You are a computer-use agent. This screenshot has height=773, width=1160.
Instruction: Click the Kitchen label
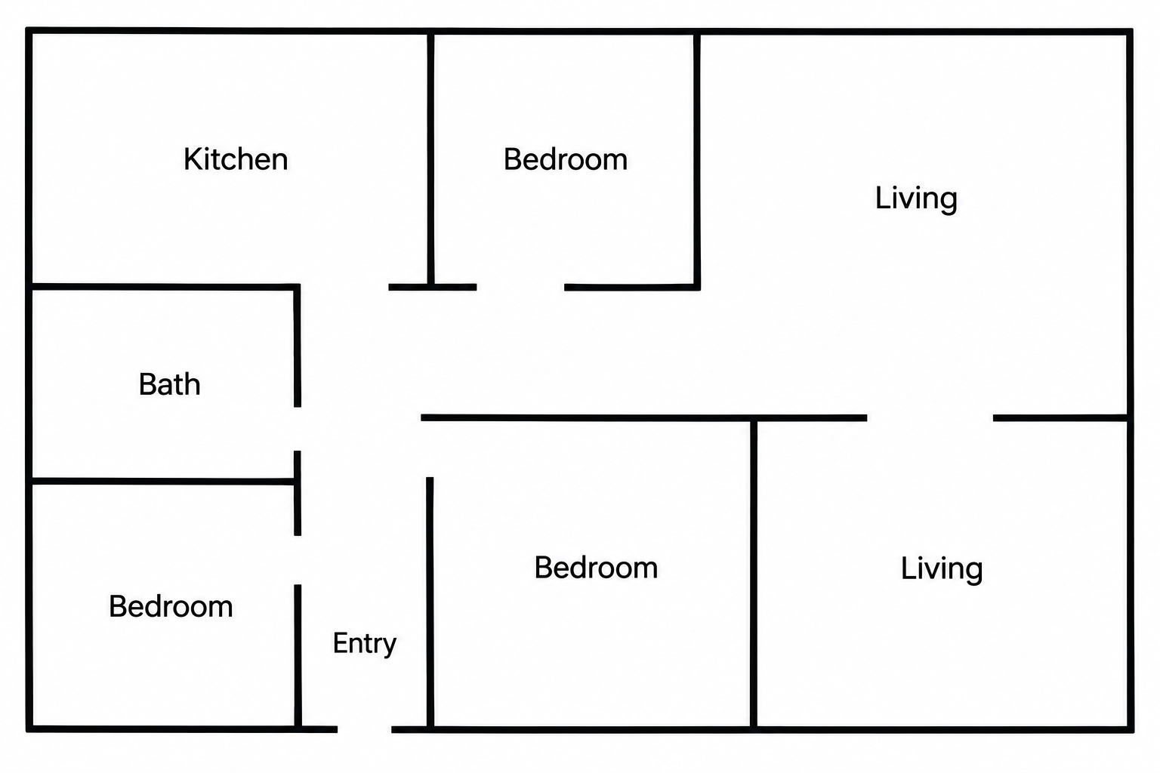click(x=236, y=159)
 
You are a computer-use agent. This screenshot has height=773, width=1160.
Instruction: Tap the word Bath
click(x=169, y=384)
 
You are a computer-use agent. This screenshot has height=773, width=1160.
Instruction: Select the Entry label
click(x=365, y=644)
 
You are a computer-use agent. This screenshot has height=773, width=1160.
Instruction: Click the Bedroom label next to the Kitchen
click(x=566, y=159)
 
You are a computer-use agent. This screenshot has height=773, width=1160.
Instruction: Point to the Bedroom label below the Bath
click(x=171, y=606)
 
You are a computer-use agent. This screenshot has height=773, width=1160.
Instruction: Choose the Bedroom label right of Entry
click(x=596, y=568)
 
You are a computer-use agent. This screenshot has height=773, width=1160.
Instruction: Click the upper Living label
click(x=916, y=199)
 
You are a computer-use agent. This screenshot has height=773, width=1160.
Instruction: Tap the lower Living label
click(x=942, y=568)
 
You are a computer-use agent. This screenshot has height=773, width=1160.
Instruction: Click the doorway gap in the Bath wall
click(x=298, y=429)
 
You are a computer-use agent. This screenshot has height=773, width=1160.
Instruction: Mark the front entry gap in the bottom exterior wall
click(x=365, y=729)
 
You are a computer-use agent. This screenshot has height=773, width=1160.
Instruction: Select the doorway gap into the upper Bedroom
click(x=520, y=288)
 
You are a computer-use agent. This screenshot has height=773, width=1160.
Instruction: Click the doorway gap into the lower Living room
click(x=930, y=417)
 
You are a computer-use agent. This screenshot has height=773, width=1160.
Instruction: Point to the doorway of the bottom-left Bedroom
click(x=298, y=560)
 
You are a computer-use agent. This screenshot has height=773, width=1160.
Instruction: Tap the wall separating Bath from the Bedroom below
click(x=163, y=482)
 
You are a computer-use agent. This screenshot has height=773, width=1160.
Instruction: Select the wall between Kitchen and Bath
click(x=163, y=287)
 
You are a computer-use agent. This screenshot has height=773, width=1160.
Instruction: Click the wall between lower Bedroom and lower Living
click(x=754, y=574)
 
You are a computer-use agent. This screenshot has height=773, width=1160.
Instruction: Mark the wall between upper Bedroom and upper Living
click(x=697, y=159)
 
